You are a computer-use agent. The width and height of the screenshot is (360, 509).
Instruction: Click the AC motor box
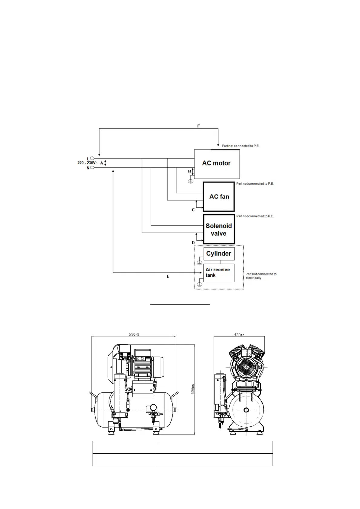(x=217, y=163)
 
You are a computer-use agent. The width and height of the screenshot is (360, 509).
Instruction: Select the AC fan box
(x=219, y=197)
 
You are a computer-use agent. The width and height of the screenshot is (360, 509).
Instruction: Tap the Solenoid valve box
(x=219, y=229)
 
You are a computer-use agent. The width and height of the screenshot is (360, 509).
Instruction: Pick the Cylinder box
(x=219, y=254)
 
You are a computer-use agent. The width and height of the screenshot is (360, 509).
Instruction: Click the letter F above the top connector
(x=198, y=126)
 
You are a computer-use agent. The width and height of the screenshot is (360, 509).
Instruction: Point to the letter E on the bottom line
(x=168, y=277)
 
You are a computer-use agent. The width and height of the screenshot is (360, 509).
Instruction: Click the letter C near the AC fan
(x=193, y=210)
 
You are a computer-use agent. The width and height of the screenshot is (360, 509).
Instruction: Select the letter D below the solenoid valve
(x=193, y=243)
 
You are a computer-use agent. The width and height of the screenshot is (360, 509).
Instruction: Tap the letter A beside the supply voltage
(x=102, y=163)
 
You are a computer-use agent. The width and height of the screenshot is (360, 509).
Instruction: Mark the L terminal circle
(x=92, y=158)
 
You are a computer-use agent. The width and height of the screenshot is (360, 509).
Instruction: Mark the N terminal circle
(x=92, y=168)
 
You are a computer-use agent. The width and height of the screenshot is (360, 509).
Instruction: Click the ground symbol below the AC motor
(x=191, y=181)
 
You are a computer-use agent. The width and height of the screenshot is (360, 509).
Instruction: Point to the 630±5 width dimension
(x=133, y=334)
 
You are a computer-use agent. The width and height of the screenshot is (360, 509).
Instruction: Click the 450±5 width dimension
(x=239, y=334)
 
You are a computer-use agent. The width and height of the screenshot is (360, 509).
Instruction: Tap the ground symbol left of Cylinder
(x=199, y=263)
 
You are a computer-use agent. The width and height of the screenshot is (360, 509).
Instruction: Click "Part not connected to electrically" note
(x=261, y=276)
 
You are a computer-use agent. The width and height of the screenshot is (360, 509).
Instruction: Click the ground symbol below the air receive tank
(x=199, y=284)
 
